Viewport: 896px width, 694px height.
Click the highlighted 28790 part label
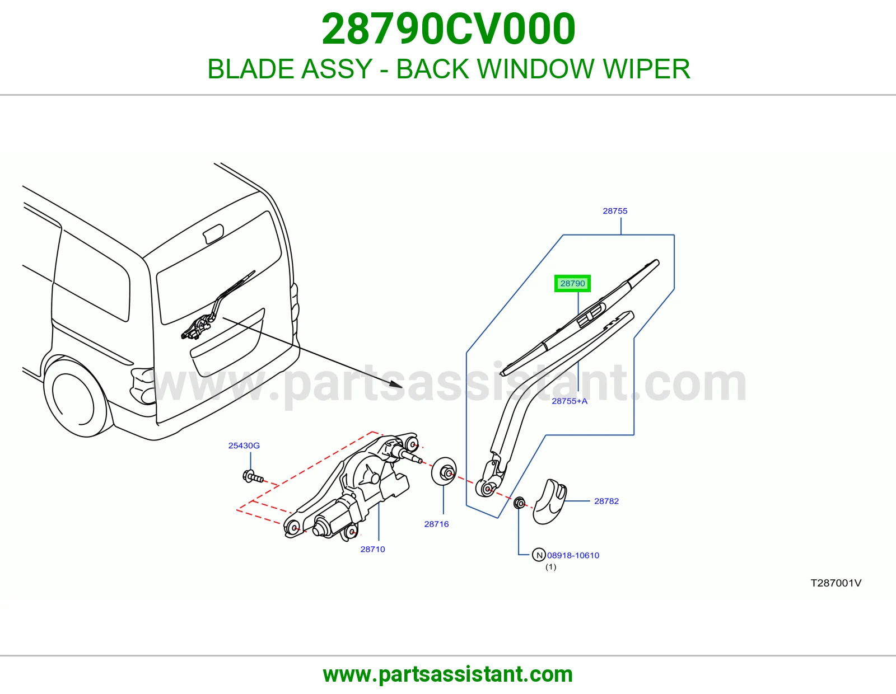click(x=572, y=283)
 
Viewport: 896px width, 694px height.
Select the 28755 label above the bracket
click(x=615, y=211)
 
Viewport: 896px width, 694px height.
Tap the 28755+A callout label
click(x=570, y=401)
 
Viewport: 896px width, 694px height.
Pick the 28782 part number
click(x=606, y=501)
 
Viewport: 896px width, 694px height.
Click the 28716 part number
click(x=436, y=524)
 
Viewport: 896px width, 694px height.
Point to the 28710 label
click(x=372, y=550)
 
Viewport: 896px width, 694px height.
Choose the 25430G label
click(x=244, y=446)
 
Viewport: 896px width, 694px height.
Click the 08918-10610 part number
click(x=573, y=556)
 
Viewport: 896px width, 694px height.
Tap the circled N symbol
click(x=539, y=555)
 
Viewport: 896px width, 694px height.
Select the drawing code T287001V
click(x=836, y=583)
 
